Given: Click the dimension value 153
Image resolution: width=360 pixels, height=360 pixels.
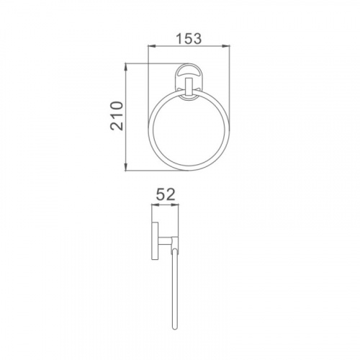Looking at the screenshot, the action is (x=189, y=39).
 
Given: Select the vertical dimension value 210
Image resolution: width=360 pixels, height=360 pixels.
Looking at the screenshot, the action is (x=117, y=116).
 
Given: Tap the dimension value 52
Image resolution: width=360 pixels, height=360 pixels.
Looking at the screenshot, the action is (x=166, y=194).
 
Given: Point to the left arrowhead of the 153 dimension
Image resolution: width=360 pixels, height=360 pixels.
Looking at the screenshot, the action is (x=152, y=45).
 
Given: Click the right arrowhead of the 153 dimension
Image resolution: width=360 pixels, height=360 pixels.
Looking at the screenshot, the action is (x=226, y=45).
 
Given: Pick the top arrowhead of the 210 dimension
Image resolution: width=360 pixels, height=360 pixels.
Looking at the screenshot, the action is (x=125, y=68).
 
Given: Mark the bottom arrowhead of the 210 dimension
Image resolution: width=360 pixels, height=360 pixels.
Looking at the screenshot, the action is (x=125, y=167).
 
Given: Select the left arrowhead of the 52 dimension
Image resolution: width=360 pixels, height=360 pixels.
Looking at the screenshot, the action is (x=156, y=204).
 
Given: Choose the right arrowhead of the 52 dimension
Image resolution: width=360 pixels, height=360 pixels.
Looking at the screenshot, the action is (x=175, y=204).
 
